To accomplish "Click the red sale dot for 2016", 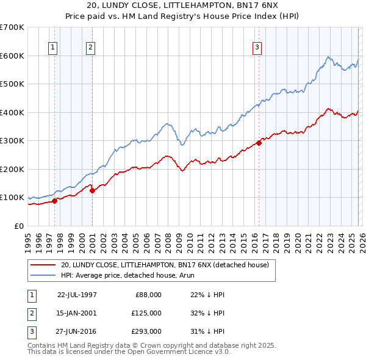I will (x=259, y=143).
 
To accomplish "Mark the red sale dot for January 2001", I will (x=93, y=190).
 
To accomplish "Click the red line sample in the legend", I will (x=43, y=265).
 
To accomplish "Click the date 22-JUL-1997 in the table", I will (x=77, y=294).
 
